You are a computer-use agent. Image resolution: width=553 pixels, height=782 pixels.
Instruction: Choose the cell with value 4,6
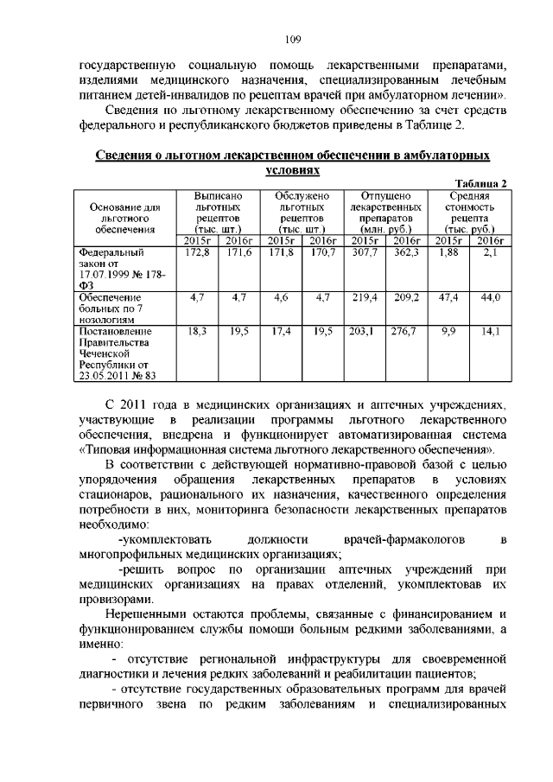pyautogui.click(x=280, y=297)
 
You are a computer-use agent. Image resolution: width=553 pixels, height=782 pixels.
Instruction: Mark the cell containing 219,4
pyautogui.click(x=364, y=297)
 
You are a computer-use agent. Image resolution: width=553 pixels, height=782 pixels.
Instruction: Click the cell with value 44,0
pyautogui.click(x=490, y=297)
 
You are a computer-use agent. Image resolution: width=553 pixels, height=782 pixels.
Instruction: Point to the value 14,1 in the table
pyautogui.click(x=490, y=331)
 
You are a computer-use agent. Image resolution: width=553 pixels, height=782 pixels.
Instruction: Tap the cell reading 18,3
pyautogui.click(x=198, y=331)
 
